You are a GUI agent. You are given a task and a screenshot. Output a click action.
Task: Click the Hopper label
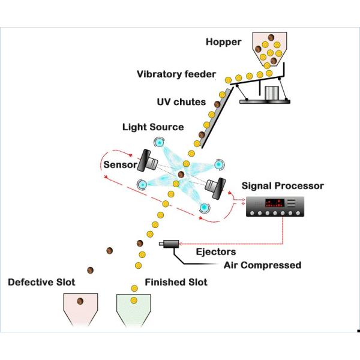pyautogui.click(x=223, y=42)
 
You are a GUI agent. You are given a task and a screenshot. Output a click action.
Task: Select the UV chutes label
pyautogui.click(x=181, y=102)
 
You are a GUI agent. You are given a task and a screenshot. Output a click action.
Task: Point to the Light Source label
pyautogui.click(x=152, y=127)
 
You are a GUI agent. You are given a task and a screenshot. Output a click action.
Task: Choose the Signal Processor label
pyautogui.click(x=283, y=186)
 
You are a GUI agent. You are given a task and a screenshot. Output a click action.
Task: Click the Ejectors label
pyautogui.click(x=215, y=252)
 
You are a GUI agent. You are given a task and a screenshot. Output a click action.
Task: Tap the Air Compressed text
pyautogui.click(x=262, y=265)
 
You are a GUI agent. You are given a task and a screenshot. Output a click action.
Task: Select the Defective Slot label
pyautogui.click(x=43, y=282)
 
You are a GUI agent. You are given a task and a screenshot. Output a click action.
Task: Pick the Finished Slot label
pyautogui.click(x=176, y=282)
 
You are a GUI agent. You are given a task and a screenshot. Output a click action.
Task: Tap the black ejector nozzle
pyautogui.click(x=169, y=244)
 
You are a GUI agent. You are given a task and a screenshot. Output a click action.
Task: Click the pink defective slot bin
pyautogui.click(x=80, y=309)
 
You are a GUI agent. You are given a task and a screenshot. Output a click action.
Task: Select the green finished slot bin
pyautogui.click(x=133, y=309)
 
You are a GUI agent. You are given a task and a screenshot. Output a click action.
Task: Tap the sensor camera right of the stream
pyautogui.click(x=215, y=187)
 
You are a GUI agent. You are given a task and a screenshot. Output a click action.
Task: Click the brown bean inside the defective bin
pyautogui.click(x=80, y=300)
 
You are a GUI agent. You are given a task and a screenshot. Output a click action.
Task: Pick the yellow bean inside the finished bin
pyautogui.click(x=134, y=299)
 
